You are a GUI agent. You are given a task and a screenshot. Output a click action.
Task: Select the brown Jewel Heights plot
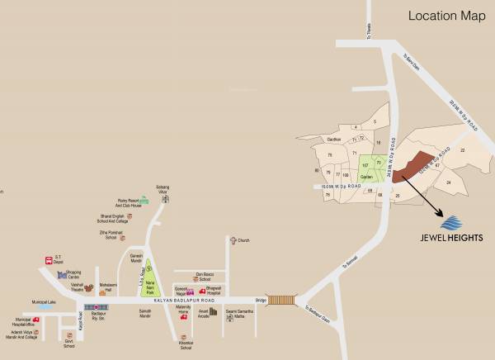pos(411,165)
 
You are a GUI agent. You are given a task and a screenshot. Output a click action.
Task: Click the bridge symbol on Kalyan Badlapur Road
pos(281,301)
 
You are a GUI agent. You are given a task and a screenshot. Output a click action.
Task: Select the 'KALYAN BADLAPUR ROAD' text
pos(206,301)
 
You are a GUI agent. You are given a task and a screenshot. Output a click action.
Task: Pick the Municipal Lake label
pos(43,302)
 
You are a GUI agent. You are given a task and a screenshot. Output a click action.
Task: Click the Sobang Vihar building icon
pos(166,198)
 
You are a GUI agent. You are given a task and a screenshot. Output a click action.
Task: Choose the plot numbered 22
pos(463,149)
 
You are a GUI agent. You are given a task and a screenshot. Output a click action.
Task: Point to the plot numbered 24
pos(448,182)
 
